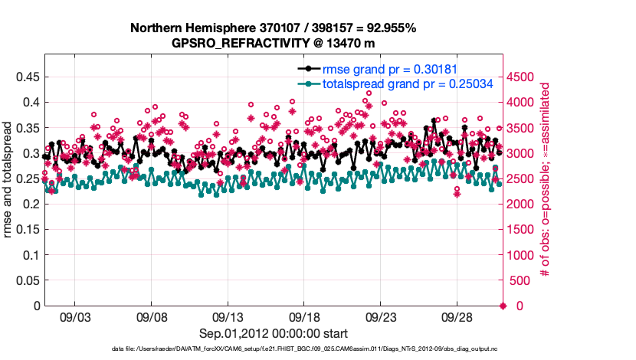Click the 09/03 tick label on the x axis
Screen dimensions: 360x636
coord(76,317)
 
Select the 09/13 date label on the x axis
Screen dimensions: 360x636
coord(228,317)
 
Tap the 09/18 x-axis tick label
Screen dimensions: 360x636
coord(305,317)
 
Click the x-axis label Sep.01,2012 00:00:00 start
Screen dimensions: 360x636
coord(274,333)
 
